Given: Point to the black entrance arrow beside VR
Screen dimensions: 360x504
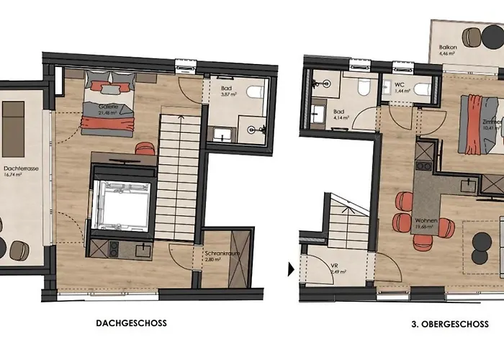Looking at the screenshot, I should (x=292, y=269).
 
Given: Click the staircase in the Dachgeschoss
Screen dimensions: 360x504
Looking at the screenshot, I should (x=177, y=173).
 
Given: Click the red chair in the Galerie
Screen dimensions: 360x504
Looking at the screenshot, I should (x=145, y=148).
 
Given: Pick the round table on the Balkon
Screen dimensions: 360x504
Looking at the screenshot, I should (x=472, y=37).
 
